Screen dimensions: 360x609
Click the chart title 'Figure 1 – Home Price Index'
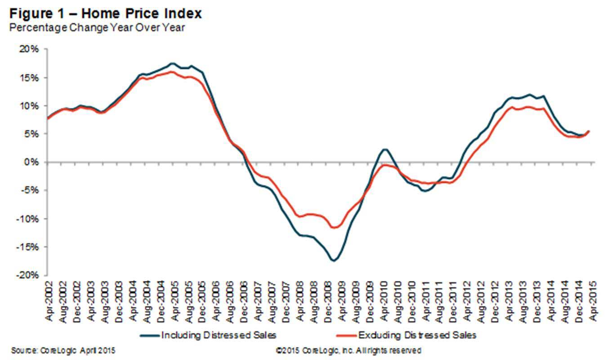(102, 13)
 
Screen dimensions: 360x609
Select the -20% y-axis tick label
(31, 275)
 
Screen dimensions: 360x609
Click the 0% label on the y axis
(35, 162)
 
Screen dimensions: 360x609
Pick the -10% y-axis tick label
(31, 219)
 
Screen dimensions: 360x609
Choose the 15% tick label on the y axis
(32, 77)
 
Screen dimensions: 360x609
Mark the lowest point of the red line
(334, 227)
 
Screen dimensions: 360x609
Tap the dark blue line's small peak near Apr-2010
(385, 149)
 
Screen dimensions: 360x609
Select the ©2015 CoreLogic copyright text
(349, 350)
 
